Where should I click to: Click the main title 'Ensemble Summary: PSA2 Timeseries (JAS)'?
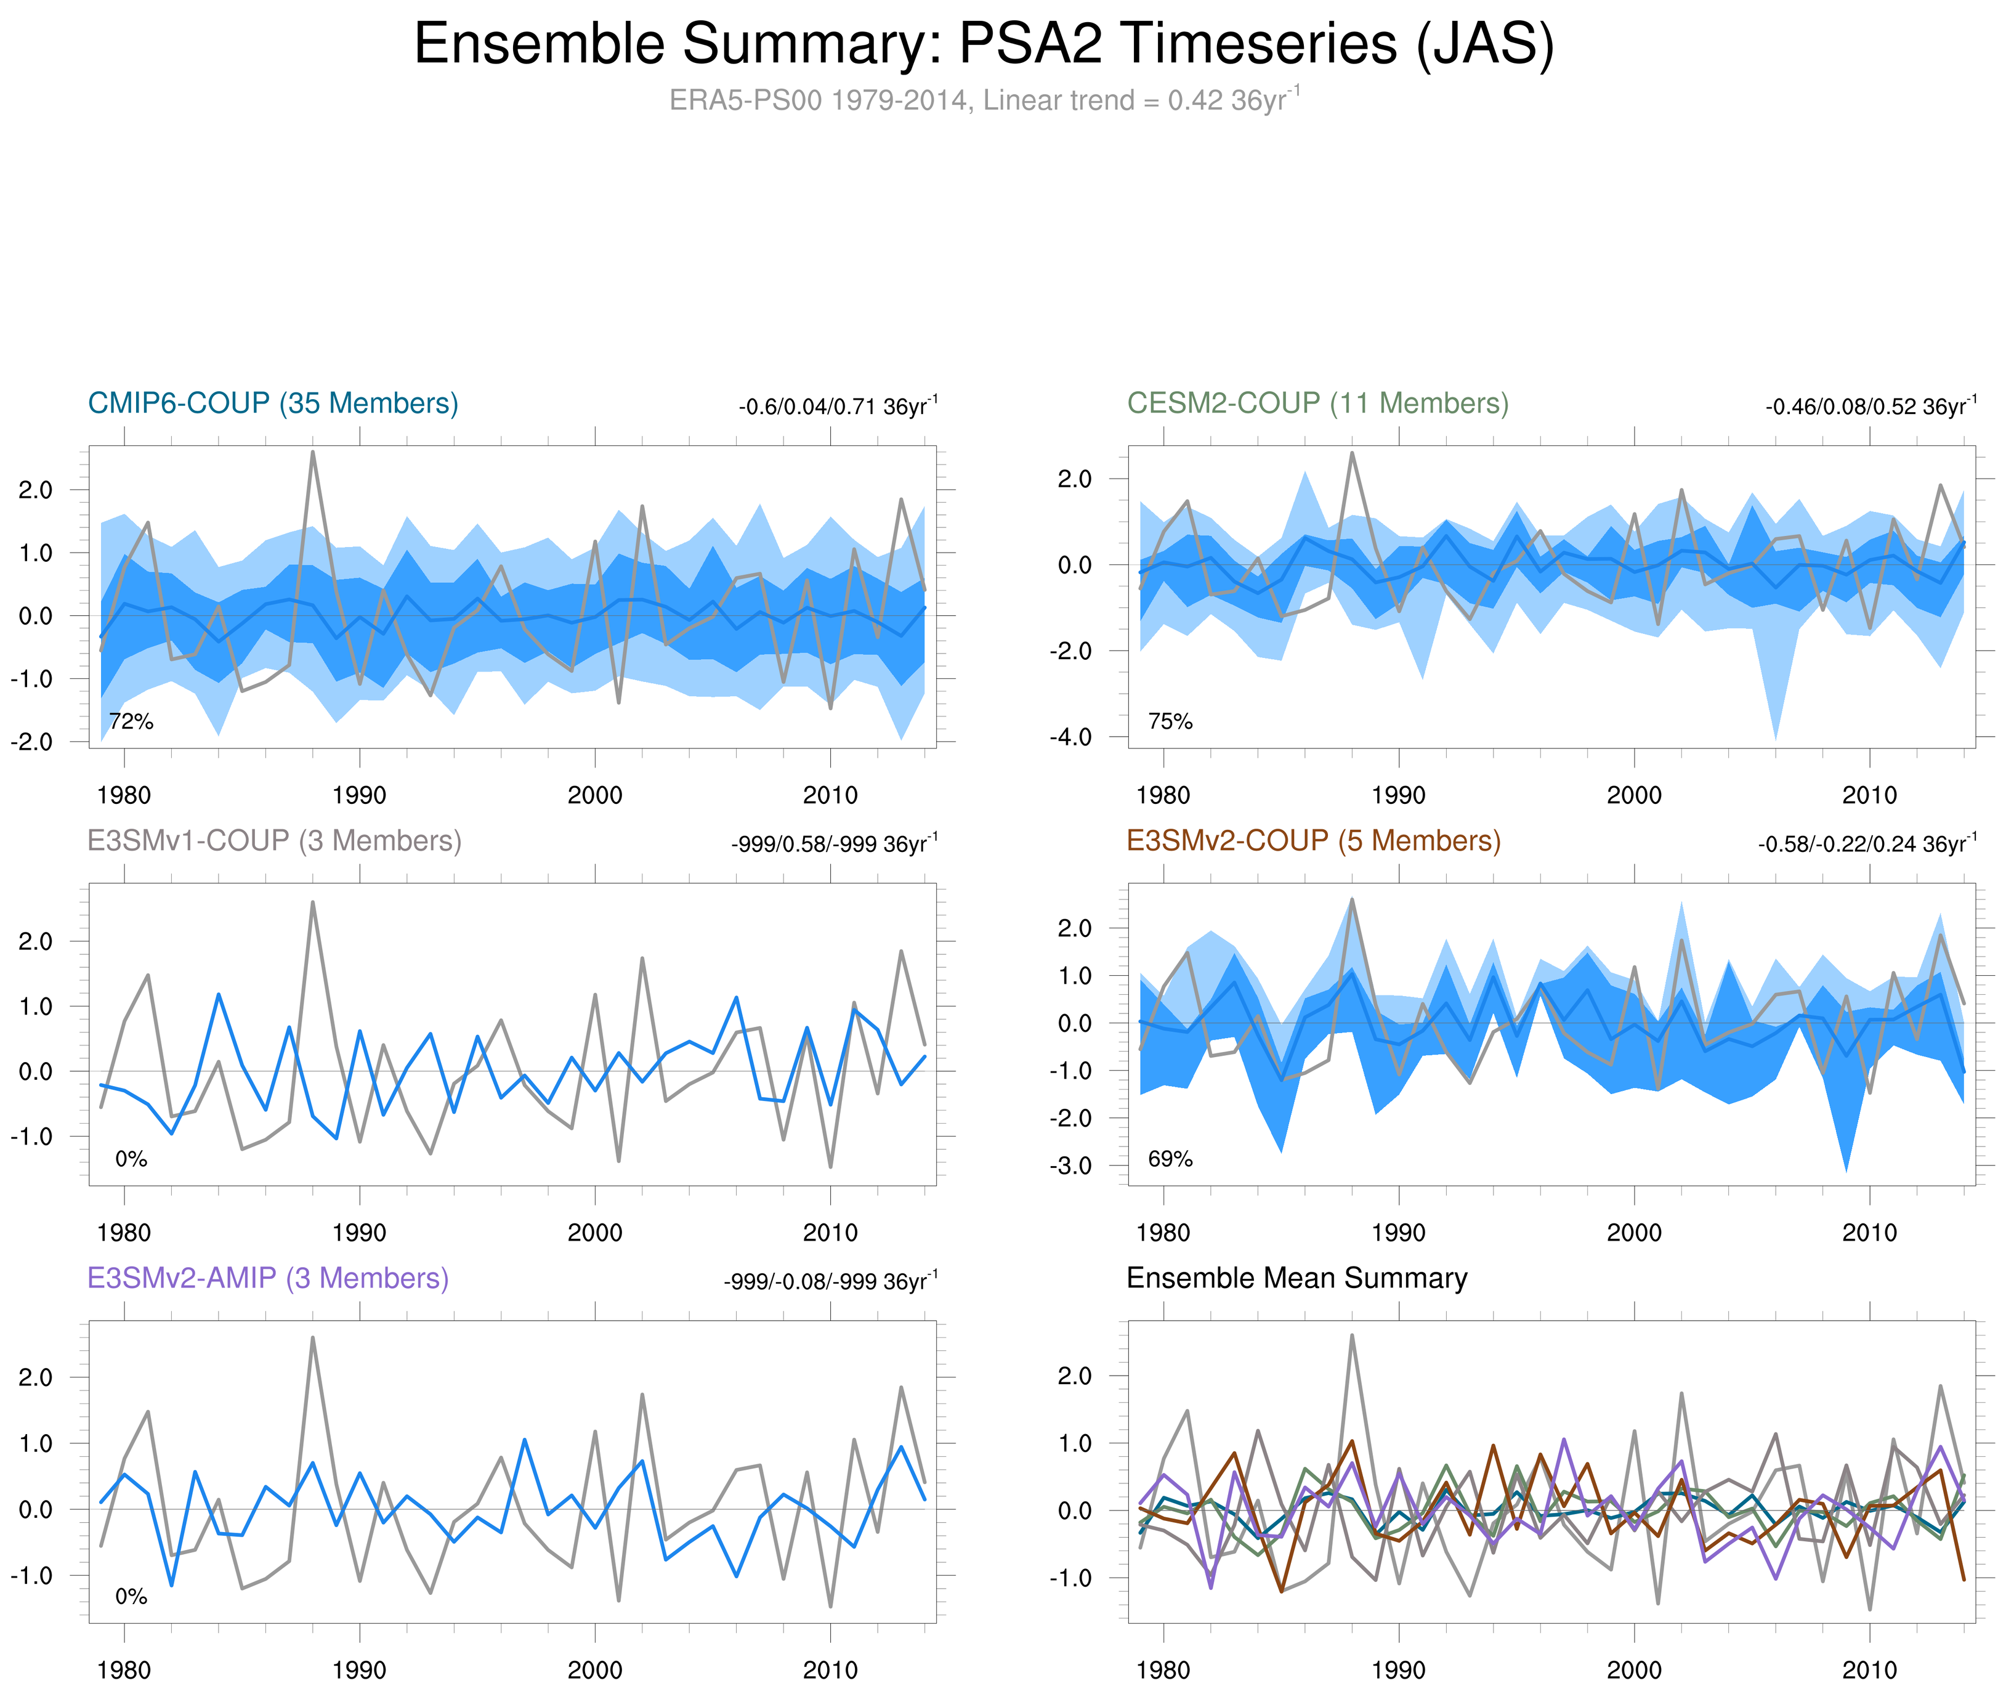click(983, 44)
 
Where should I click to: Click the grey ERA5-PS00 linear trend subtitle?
click(983, 100)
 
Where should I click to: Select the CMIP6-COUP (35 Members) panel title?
click(273, 403)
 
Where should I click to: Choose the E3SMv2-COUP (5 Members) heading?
click(1312, 841)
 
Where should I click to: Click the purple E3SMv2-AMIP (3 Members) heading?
click(268, 1278)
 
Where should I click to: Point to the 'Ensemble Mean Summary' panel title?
click(1296, 1278)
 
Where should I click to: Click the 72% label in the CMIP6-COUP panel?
click(131, 721)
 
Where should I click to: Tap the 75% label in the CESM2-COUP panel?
click(1170, 721)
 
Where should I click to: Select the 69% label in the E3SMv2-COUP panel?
click(1170, 1159)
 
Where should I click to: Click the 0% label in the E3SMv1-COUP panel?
click(131, 1159)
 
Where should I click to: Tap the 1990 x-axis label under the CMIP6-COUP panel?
click(359, 795)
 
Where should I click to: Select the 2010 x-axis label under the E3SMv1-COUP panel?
click(830, 1233)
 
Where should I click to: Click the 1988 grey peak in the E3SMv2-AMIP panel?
click(313, 1338)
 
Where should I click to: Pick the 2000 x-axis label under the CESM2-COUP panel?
click(1634, 795)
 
